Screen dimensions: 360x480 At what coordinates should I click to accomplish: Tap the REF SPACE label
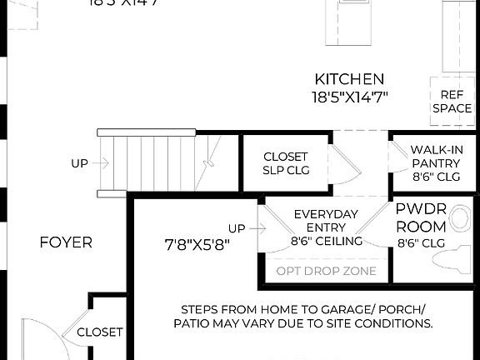tap(452, 102)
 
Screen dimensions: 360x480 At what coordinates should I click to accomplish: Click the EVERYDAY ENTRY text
tap(327, 220)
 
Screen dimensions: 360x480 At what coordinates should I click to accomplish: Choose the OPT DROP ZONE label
tap(326, 271)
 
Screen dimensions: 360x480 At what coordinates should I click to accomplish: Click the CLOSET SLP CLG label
tap(285, 163)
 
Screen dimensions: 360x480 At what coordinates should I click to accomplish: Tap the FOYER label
tap(66, 242)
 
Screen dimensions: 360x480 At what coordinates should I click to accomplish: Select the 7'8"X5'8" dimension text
tap(197, 244)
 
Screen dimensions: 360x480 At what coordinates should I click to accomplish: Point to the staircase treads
tap(150, 163)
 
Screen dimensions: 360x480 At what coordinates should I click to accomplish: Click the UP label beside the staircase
tap(79, 164)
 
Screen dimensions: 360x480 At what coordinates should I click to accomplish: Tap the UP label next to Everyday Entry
tap(237, 228)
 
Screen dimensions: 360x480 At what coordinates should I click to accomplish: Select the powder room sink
tap(460, 219)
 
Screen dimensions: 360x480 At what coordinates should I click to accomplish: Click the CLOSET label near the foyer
tap(99, 332)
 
